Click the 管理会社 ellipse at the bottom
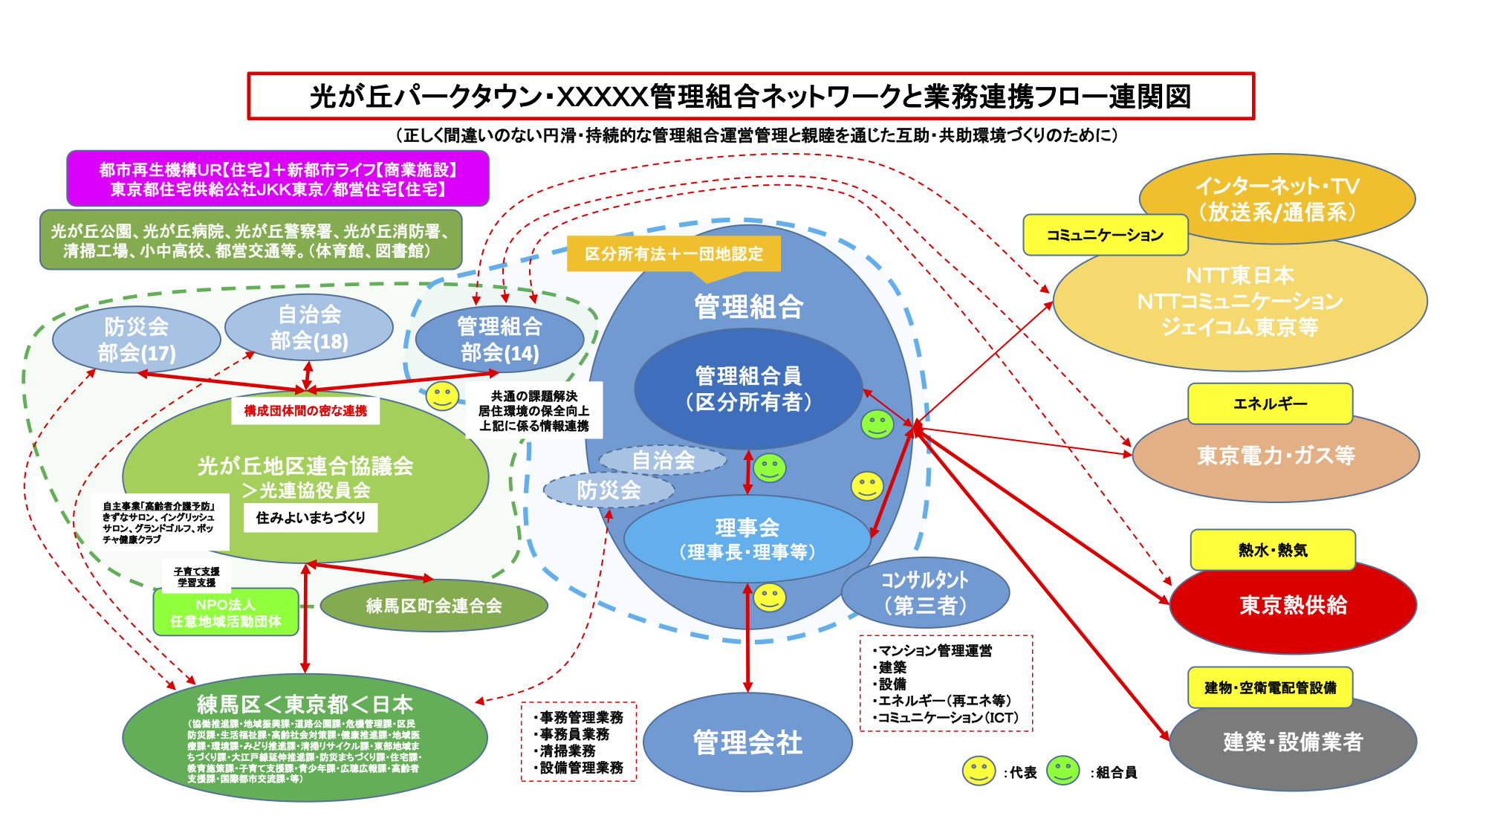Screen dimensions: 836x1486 747,742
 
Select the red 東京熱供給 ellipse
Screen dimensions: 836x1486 1293,606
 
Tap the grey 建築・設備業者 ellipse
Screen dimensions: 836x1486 1293,742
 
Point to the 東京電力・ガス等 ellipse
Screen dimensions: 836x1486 1276,456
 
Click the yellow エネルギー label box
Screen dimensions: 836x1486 1270,404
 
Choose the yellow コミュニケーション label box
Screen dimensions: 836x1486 1105,235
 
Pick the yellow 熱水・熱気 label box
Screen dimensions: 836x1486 1273,550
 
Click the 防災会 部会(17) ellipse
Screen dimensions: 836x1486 137,340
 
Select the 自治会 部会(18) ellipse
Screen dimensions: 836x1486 309,328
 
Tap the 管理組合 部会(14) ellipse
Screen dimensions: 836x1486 499,340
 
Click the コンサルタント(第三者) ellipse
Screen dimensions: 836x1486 925,593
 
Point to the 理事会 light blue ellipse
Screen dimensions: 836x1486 747,539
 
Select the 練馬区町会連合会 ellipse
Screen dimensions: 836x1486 434,606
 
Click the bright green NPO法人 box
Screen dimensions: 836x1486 226,612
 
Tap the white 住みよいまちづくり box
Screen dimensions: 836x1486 311,517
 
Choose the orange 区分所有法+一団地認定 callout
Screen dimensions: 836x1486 673,254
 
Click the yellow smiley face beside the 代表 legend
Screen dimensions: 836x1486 979,771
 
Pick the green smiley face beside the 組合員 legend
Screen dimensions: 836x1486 1062,771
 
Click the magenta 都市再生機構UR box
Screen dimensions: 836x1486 278,179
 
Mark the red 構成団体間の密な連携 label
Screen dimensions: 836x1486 305,410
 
